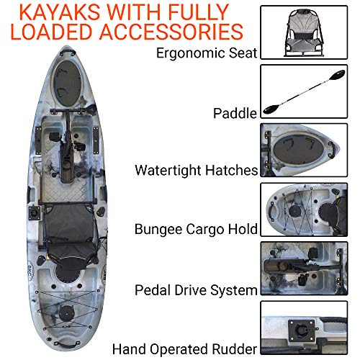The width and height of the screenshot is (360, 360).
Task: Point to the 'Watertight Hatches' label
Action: point(196,171)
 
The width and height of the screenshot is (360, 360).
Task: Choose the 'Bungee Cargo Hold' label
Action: point(196,230)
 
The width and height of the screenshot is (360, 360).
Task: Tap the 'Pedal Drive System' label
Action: point(196,290)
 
